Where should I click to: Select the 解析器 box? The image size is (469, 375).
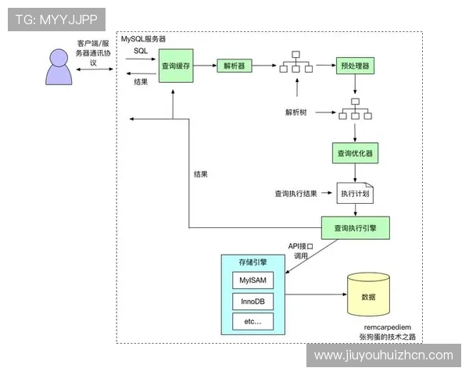click(x=233, y=66)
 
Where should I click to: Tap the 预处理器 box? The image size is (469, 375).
click(x=356, y=66)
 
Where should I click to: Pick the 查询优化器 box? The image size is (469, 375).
click(x=356, y=154)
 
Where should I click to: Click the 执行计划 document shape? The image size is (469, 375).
click(x=355, y=193)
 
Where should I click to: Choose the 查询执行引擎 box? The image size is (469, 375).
click(x=356, y=228)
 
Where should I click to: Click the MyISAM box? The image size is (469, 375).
click(x=253, y=280)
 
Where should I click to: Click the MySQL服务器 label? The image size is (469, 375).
click(x=143, y=38)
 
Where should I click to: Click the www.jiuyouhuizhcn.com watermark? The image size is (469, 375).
click(x=383, y=355)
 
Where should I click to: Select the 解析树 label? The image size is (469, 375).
click(x=295, y=112)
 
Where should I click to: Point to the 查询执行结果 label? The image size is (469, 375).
click(x=295, y=193)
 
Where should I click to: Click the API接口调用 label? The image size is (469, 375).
click(x=300, y=251)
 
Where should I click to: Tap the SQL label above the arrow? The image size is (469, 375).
click(x=140, y=51)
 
